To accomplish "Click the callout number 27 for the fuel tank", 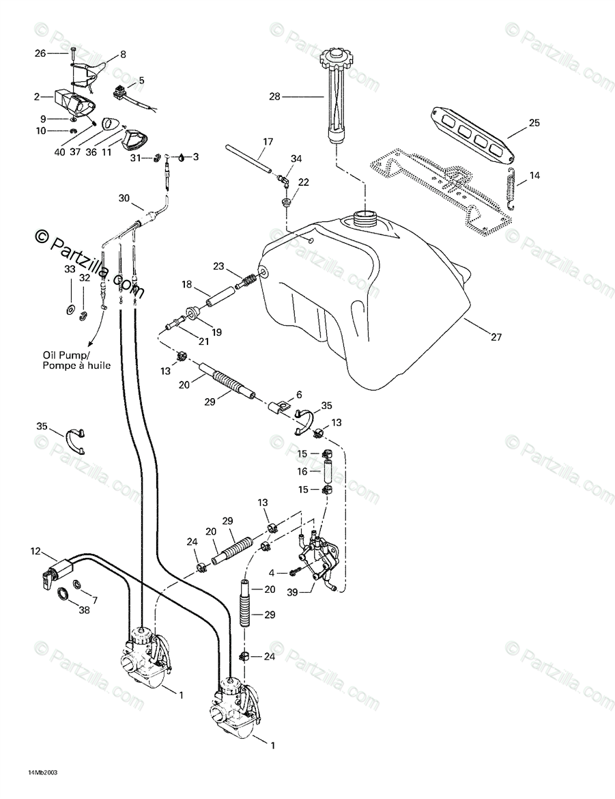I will (x=496, y=337).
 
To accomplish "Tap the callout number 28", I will (x=275, y=97).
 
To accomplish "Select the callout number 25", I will (x=534, y=124).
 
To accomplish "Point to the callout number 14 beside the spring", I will (x=534, y=176).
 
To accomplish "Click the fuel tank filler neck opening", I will (x=366, y=219).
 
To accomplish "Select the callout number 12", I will (x=35, y=550).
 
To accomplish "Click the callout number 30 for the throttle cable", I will (x=124, y=198).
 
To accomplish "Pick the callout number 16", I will (x=302, y=471).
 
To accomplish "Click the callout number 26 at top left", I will (x=40, y=53).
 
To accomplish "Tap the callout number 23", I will (x=218, y=266).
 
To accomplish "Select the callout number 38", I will (x=84, y=610).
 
